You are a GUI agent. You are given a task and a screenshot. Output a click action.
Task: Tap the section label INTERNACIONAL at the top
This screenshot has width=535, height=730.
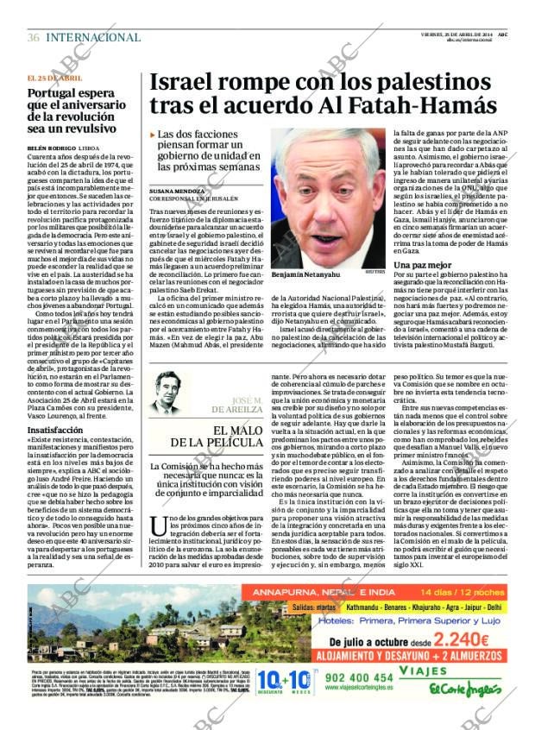click(92, 37)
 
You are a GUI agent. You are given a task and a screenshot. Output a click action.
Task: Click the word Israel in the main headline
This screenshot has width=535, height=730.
click(182, 82)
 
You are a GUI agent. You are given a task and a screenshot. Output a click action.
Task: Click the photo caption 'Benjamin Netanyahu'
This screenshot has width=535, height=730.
click(306, 274)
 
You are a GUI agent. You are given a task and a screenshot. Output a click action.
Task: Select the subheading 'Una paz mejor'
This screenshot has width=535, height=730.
click(423, 264)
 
